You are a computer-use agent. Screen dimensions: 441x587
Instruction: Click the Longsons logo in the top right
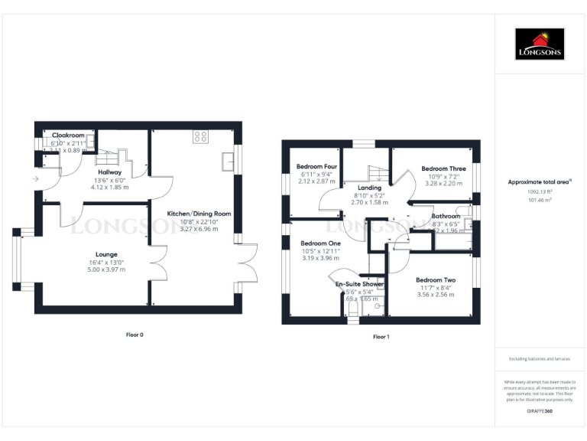coord(540,44)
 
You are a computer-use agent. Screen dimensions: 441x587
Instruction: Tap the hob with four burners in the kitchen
coord(201,137)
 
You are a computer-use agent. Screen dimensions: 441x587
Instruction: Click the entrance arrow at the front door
coord(36,179)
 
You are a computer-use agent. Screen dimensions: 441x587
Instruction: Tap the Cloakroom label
coord(68,136)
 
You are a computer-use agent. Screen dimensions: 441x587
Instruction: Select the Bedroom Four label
coord(316,167)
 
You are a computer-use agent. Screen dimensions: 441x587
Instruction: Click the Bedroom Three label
coord(443,168)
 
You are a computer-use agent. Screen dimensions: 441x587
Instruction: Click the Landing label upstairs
coord(369,188)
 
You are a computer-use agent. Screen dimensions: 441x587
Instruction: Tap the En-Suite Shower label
coord(359,284)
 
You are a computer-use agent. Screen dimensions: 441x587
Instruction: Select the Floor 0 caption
coord(135,335)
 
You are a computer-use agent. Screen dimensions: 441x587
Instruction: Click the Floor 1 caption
coord(381,336)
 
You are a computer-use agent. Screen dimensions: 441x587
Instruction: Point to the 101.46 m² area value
coord(540,199)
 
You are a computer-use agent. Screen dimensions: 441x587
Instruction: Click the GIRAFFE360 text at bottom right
coord(540,411)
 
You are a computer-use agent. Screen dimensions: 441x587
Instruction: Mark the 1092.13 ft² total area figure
coord(540,191)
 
